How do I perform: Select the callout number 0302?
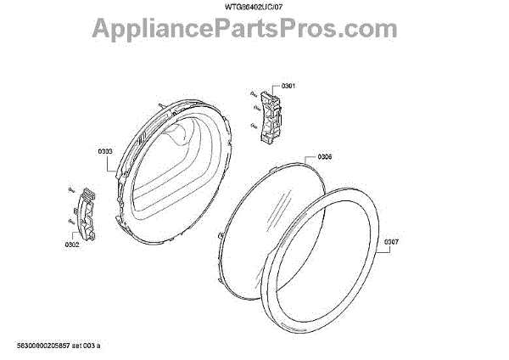coord(71,245)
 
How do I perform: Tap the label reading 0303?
coord(105,151)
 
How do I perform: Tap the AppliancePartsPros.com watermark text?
coord(255,31)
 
